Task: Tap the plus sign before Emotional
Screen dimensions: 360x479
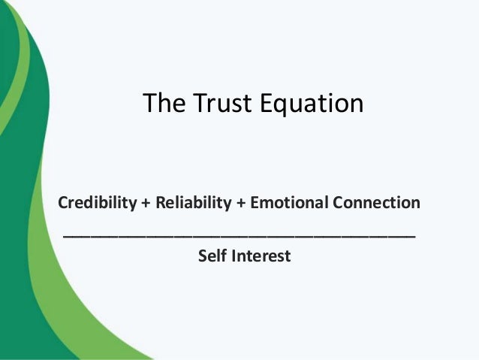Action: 242,204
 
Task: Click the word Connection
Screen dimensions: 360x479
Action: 377,203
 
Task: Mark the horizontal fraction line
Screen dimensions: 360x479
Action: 239,236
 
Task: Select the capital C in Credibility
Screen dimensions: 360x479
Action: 63,203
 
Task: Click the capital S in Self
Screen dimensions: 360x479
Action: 202,256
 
